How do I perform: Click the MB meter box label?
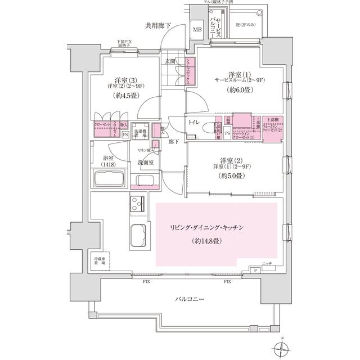click(197, 30)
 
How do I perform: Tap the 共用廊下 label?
click(159, 25)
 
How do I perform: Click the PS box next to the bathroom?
click(124, 135)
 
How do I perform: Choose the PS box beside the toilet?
click(227, 133)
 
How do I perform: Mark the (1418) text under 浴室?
click(108, 164)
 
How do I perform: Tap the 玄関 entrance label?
click(171, 61)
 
